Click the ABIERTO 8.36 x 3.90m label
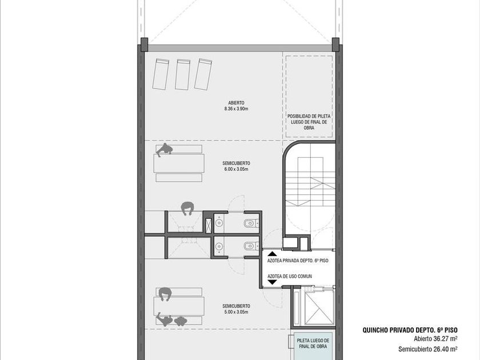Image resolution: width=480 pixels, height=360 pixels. coord(236,106)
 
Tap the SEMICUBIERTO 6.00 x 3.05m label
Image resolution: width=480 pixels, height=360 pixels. coord(236,166)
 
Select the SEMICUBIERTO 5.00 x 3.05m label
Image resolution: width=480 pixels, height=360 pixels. coord(236,309)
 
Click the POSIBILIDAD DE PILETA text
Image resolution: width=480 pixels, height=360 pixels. coord(309,117)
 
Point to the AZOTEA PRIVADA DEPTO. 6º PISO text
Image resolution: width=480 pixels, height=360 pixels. coord(298,261)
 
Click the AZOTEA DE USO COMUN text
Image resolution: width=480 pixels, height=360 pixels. coord(290,276)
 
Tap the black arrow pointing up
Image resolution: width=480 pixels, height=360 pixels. coord(272,254)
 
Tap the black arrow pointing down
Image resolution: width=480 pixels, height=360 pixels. coord(272,282)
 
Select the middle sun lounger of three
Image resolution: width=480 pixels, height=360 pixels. coord(182,74)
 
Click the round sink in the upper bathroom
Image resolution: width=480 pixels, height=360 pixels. coord(219,223)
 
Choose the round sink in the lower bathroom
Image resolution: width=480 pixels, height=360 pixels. coord(219,246)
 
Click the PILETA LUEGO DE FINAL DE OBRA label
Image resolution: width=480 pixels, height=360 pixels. coord(313,343)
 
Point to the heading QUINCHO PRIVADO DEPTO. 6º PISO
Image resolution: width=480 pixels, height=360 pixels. coord(410,330)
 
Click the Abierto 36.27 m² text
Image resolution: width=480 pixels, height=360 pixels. coord(435,339)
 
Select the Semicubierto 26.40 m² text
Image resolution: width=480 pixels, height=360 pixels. coord(428,349)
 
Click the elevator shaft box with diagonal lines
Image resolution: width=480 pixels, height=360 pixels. coord(319,307)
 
